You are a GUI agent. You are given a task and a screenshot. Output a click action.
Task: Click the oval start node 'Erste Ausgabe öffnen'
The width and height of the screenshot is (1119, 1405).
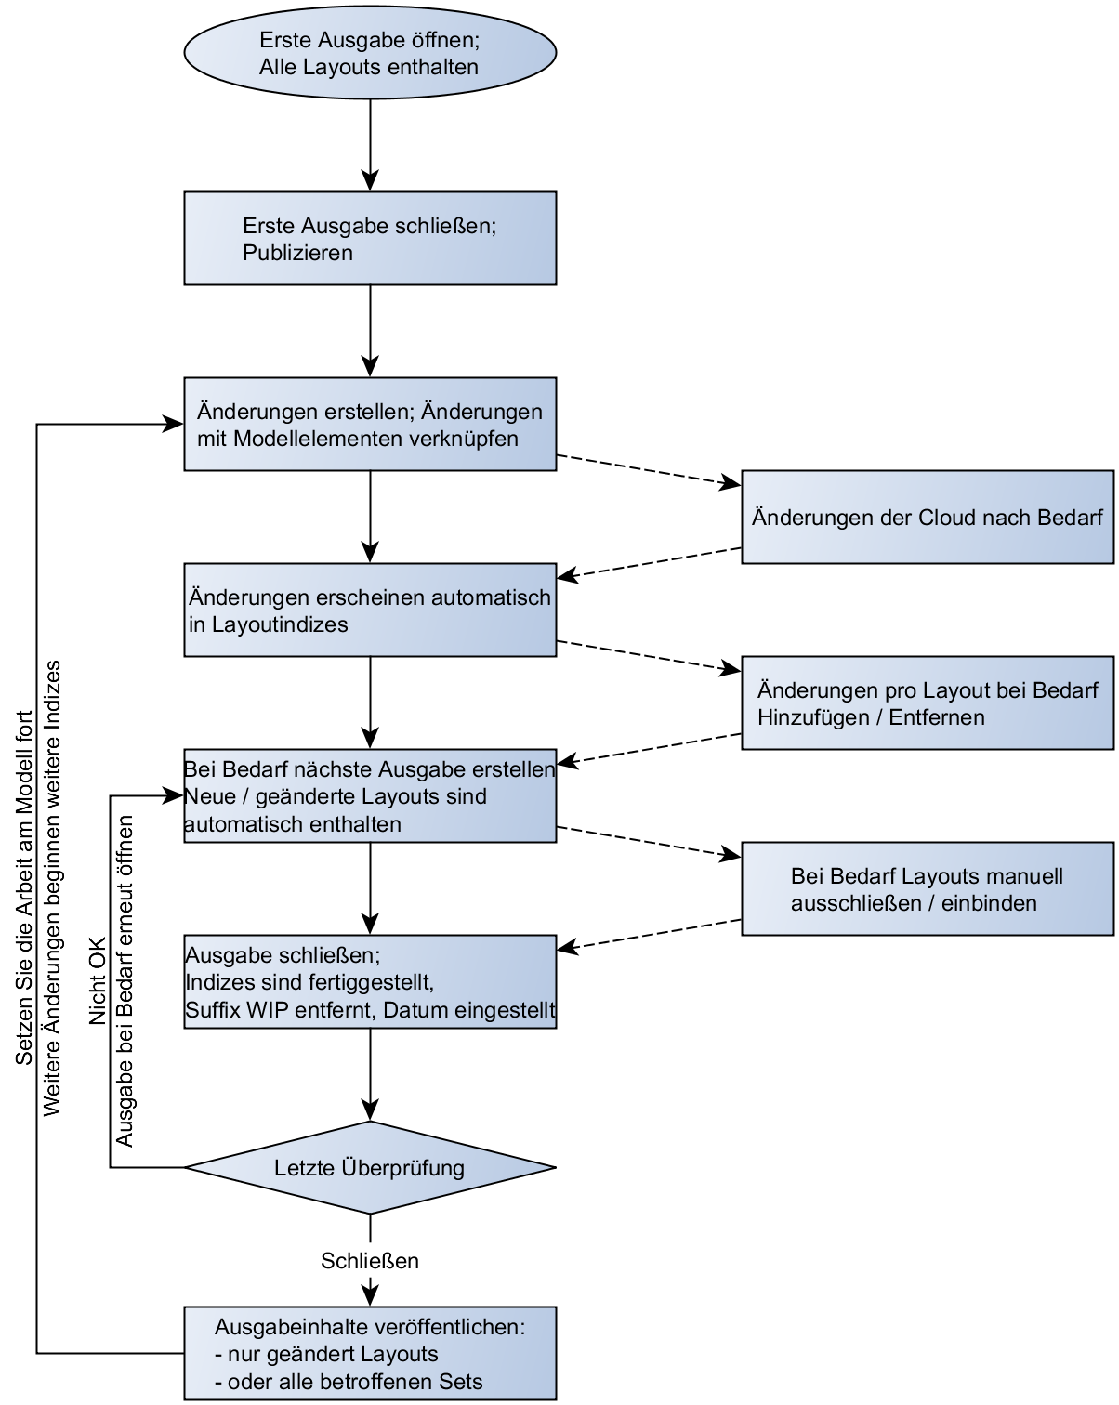point(370,53)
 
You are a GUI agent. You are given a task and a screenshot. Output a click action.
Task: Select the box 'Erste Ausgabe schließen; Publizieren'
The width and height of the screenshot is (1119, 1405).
point(370,239)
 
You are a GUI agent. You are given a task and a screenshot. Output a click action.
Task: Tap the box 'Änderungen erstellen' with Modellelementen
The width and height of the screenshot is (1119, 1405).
point(370,425)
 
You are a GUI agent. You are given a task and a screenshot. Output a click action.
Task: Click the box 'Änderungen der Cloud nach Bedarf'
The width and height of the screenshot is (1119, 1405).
point(927,518)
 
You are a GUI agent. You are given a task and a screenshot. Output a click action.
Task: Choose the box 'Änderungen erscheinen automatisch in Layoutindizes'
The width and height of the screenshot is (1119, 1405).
point(370,611)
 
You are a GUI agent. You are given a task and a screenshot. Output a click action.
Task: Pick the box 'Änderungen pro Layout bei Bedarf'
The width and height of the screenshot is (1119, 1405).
point(927,703)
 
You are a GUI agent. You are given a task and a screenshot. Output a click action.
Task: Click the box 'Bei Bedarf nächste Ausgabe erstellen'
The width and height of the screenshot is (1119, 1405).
point(370,796)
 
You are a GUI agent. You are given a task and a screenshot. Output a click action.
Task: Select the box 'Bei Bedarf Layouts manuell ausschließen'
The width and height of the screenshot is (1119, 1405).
point(927,889)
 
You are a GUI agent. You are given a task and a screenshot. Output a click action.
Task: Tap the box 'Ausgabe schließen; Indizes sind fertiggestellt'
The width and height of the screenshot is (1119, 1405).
point(370,982)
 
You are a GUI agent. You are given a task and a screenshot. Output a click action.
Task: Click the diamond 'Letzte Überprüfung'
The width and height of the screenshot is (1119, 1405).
point(370,1168)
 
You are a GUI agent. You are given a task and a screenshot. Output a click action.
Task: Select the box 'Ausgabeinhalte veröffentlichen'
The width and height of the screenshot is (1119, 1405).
point(370,1354)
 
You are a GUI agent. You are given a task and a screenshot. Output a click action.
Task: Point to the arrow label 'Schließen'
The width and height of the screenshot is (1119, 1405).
point(370,1261)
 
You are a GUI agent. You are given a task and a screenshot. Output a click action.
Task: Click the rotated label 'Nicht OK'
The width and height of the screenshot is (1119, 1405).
point(99,981)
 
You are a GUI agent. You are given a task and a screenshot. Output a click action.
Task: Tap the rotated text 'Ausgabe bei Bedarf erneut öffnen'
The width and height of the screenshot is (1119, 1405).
point(125,981)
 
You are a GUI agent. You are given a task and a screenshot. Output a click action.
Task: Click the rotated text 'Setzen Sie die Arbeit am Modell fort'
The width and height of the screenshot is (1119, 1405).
point(25,887)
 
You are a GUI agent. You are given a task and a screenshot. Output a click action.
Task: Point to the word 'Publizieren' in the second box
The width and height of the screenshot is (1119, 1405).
point(297,253)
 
